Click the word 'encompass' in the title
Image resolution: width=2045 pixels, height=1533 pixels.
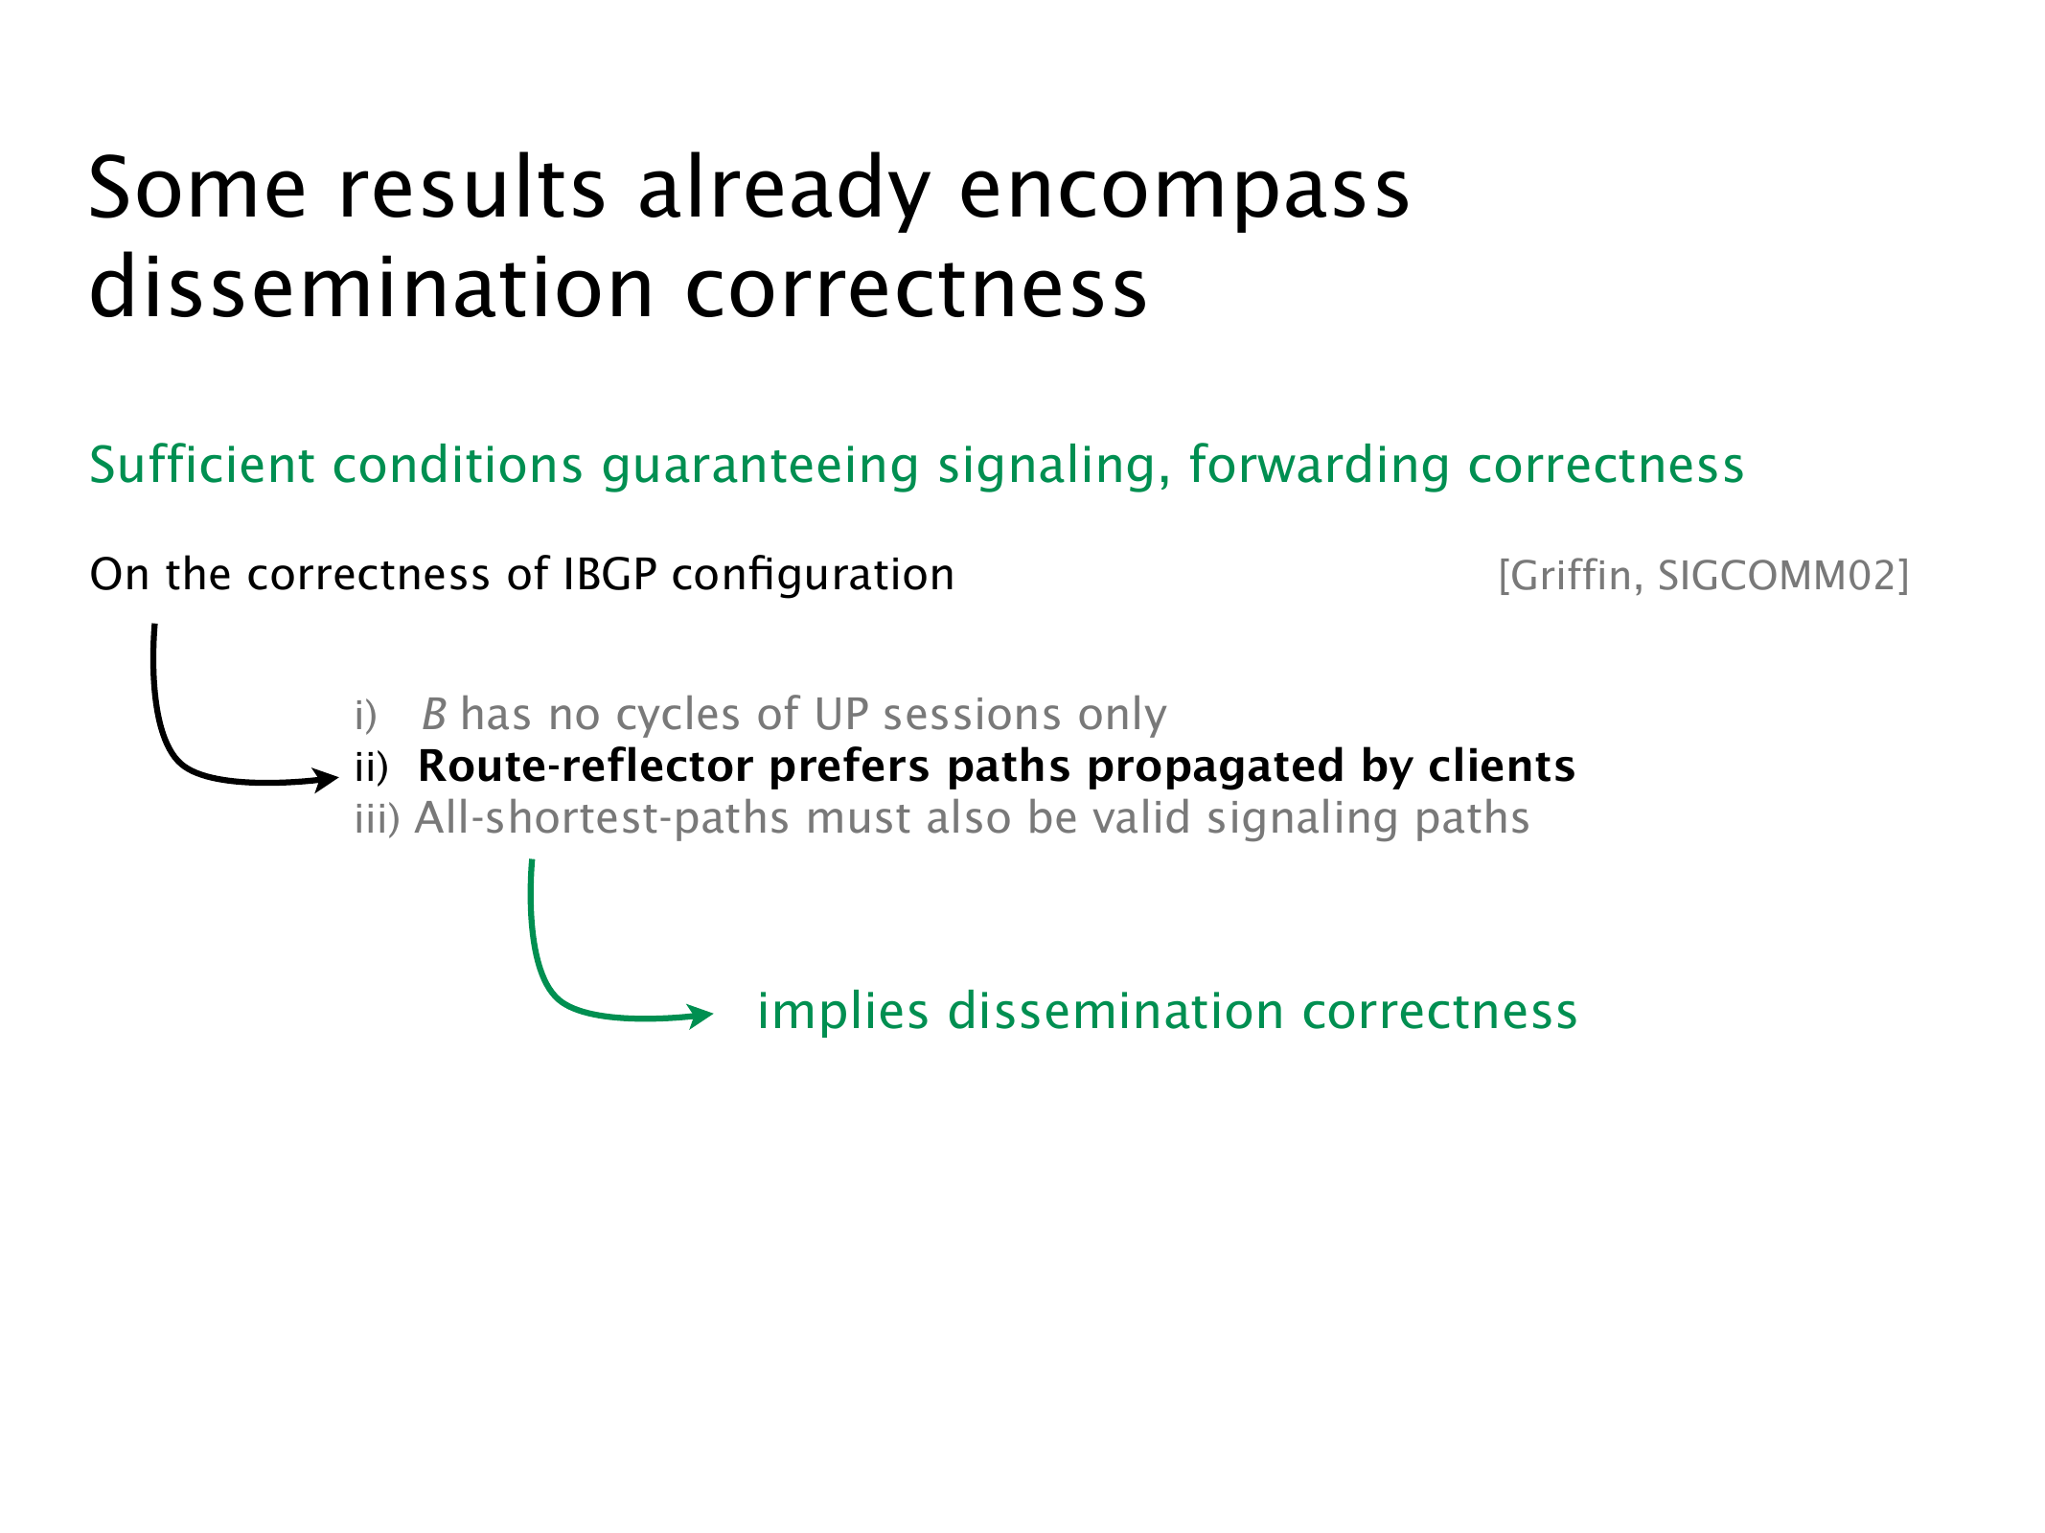pyautogui.click(x=1184, y=189)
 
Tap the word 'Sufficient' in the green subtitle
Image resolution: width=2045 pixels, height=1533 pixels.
pyautogui.click(x=201, y=466)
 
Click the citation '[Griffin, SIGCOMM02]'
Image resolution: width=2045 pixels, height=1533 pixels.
pyautogui.click(x=1704, y=576)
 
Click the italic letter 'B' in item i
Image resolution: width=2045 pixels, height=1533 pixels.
pyautogui.click(x=434, y=715)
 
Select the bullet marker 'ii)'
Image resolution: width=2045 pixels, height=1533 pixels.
pyautogui.click(x=372, y=766)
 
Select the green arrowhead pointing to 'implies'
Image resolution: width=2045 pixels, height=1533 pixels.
pyautogui.click(x=700, y=1015)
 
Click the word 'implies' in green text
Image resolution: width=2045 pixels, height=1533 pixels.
pyautogui.click(x=843, y=1013)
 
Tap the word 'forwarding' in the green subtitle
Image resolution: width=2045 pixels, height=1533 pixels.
pyautogui.click(x=1319, y=467)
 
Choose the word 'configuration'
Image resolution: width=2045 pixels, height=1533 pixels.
pyautogui.click(x=814, y=576)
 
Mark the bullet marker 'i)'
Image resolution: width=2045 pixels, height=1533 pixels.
pyautogui.click(x=366, y=715)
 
